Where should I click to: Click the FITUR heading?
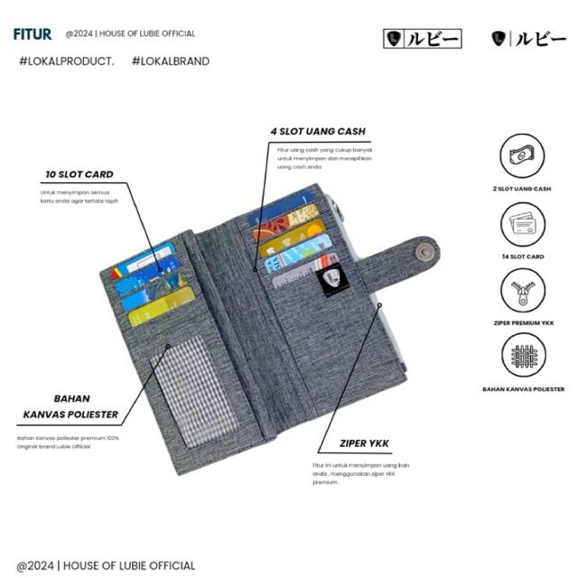[33, 34]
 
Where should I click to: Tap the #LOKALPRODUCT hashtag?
[66, 61]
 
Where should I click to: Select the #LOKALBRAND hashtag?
[170, 61]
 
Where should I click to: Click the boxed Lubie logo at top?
[423, 39]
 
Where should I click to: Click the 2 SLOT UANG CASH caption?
[522, 189]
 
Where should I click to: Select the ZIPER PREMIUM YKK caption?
[522, 322]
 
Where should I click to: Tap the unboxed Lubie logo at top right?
[528, 39]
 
